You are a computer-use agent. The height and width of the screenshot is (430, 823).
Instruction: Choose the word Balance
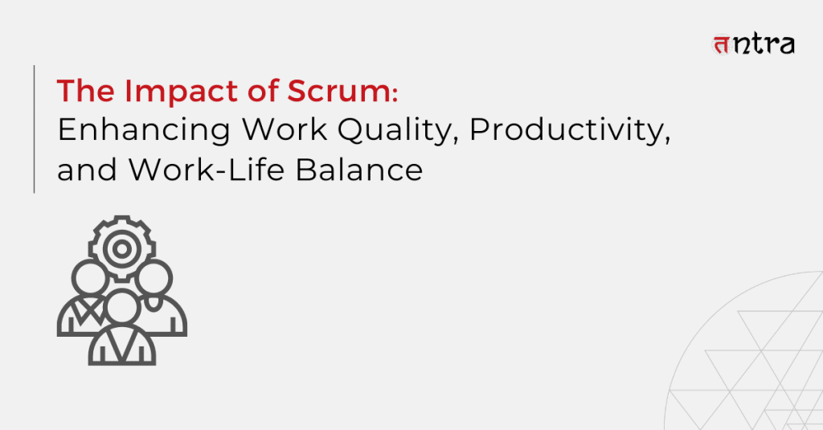pos(359,170)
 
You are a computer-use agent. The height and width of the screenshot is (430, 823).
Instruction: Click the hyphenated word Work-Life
pos(207,170)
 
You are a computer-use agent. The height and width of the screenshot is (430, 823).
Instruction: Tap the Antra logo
pos(753,44)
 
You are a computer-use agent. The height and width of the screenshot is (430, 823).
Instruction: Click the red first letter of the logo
pos(721,45)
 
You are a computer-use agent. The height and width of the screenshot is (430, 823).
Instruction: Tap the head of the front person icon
pos(122,306)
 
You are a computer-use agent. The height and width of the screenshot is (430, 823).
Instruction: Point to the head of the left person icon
pos(89,278)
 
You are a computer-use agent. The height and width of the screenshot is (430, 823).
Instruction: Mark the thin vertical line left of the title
pos(34,129)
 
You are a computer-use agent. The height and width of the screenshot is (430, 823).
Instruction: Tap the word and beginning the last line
pos(87,170)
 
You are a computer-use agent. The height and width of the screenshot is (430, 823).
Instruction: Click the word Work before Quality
pos(285,129)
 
